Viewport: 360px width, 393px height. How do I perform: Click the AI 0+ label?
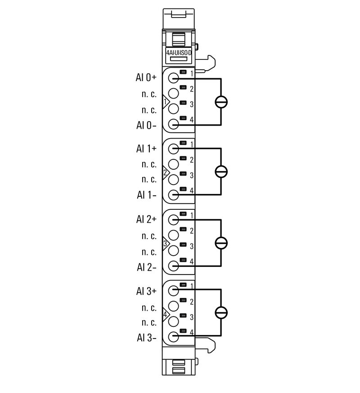(x=146, y=77)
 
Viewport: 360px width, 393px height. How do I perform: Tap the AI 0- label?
(x=146, y=125)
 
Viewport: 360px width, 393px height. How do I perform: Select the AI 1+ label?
(x=146, y=148)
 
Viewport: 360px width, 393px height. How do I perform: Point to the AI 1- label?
(x=146, y=195)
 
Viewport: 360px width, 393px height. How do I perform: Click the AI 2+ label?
(x=146, y=219)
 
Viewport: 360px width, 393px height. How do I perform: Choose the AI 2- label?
(x=146, y=267)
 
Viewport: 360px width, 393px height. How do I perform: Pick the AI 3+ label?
(x=146, y=291)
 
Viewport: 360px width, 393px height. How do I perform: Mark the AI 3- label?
(x=146, y=338)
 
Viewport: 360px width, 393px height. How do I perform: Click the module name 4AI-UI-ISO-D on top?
(x=179, y=53)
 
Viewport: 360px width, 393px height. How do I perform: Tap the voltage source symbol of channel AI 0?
(x=221, y=101)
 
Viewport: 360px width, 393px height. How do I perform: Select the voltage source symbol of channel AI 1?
(x=221, y=172)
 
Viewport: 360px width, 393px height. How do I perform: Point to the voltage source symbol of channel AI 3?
(x=221, y=312)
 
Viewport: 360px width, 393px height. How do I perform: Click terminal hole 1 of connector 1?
(x=173, y=78)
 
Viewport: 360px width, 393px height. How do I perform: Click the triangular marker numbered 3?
(x=166, y=244)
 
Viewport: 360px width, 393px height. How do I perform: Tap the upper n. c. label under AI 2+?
(x=149, y=236)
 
